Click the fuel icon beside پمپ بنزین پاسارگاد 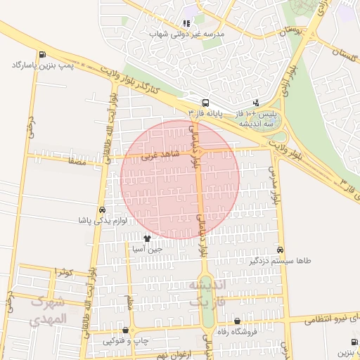[44, 54]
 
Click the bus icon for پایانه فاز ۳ [205, 102]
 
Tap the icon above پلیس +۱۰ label [255, 102]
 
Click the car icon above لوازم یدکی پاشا [103, 210]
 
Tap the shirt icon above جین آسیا [147, 238]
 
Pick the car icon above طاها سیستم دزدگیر [281, 250]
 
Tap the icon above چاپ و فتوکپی [126, 330]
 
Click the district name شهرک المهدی [49, 310]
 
